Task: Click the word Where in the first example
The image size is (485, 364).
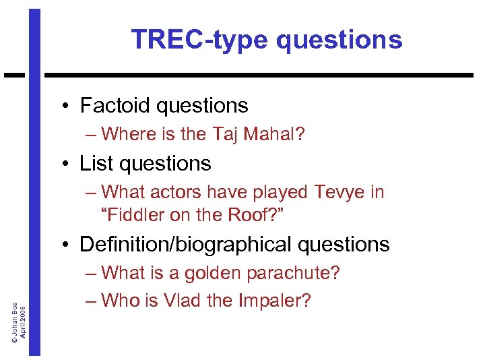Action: (129, 134)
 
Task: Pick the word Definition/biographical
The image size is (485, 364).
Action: (185, 244)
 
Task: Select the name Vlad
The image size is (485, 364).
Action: (178, 300)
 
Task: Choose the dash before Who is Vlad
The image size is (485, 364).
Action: (91, 301)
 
